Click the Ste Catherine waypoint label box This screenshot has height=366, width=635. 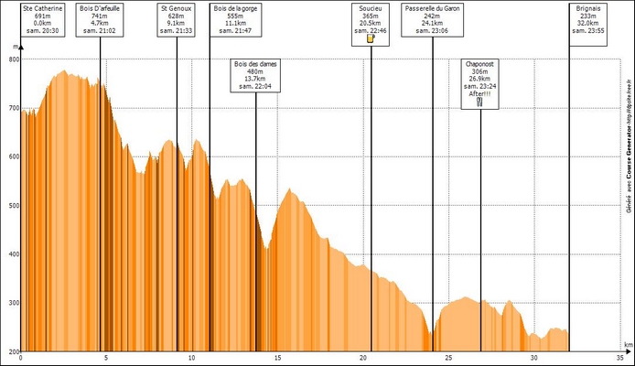coord(42,18)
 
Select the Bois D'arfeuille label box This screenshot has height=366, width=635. coord(101,18)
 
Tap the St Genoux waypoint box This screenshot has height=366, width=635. coord(176,18)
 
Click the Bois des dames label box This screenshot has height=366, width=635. coord(255,76)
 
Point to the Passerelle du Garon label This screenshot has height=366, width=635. coord(432,18)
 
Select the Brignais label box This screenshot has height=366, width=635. coord(587,18)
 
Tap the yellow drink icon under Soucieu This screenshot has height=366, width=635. coord(371,39)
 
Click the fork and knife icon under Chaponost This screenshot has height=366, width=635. coord(480,102)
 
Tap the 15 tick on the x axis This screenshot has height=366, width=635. coord(277,358)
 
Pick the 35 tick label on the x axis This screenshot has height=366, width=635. coord(620,358)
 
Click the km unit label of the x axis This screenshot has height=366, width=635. coord(628,346)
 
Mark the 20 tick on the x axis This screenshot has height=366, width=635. coord(363,358)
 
